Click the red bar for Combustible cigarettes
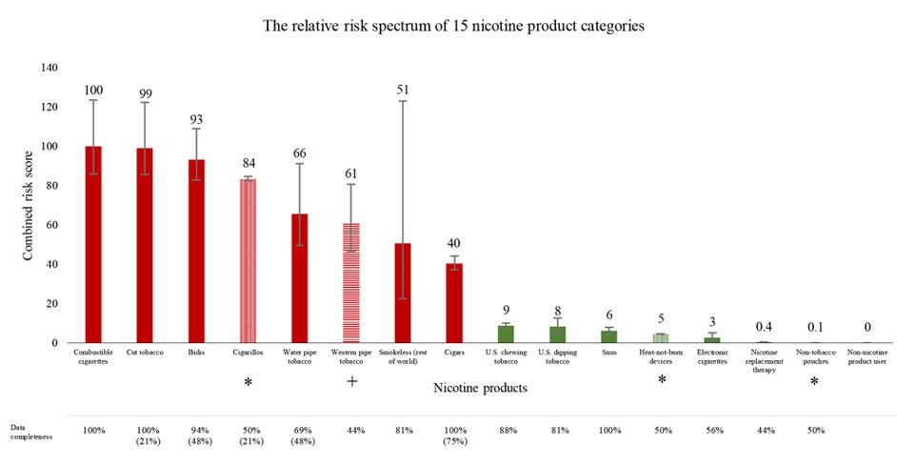[x=93, y=244]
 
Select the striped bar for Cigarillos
[x=248, y=261]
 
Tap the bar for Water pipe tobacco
[x=300, y=278]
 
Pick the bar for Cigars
[x=454, y=303]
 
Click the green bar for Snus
[x=609, y=336]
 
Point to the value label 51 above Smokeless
[x=403, y=90]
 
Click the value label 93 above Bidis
[x=196, y=120]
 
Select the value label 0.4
[x=764, y=327]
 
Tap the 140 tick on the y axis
[x=50, y=68]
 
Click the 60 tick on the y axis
[x=52, y=225]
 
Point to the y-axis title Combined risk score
[x=28, y=206]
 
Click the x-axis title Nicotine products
[x=480, y=388]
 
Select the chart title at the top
[x=453, y=26]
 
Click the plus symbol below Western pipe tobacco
[x=351, y=381]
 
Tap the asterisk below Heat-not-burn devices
[x=662, y=380]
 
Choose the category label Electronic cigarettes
[x=712, y=356]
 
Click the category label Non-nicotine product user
[x=867, y=356]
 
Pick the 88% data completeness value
[x=507, y=431]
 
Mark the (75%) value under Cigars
[x=455, y=441]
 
